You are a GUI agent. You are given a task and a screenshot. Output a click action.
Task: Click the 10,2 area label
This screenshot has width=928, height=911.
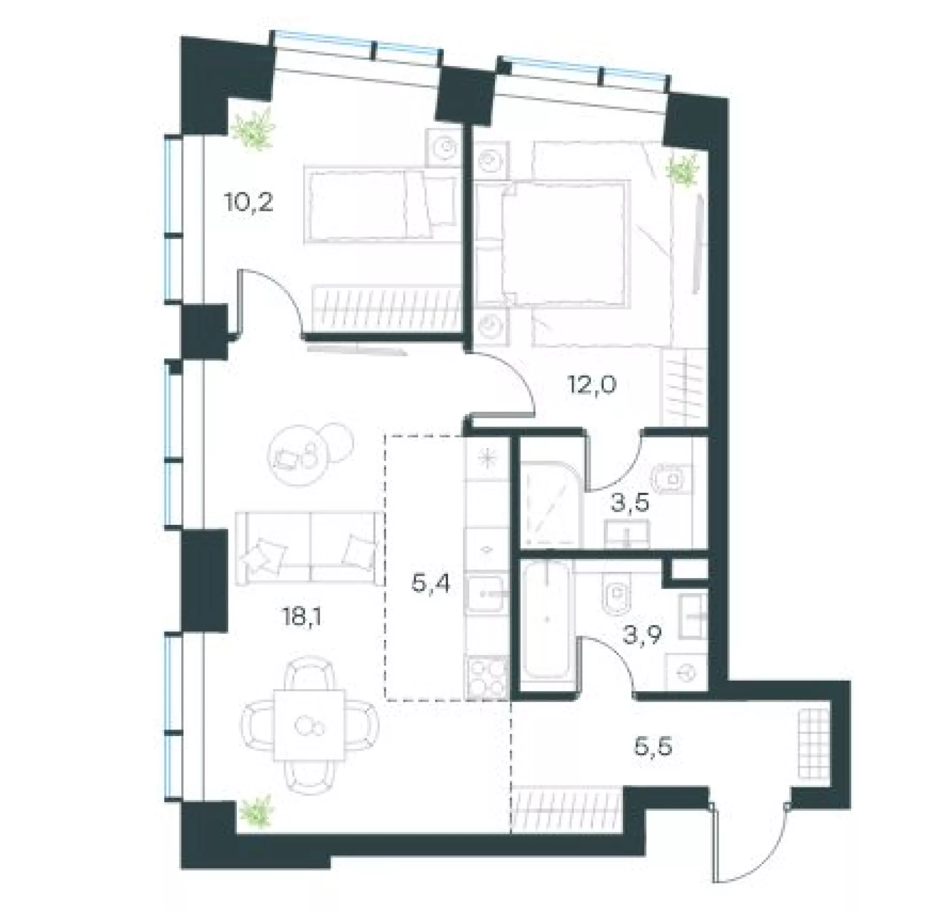[x=248, y=203]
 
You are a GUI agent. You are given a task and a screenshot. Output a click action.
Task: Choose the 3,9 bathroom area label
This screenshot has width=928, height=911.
[x=643, y=637]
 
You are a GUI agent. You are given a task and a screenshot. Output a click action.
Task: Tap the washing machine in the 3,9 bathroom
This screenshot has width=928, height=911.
[x=686, y=671]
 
